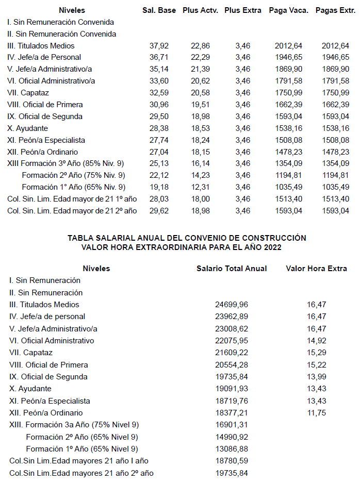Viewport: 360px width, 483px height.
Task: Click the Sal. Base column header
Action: click(x=159, y=10)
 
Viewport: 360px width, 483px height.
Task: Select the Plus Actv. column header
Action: click(x=200, y=10)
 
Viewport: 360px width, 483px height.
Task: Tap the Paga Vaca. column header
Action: click(x=289, y=10)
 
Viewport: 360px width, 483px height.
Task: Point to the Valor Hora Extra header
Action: click(x=317, y=269)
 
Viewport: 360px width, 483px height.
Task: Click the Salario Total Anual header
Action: click(x=232, y=269)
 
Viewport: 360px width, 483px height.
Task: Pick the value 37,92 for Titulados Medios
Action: click(x=159, y=46)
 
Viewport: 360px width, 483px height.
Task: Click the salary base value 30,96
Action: click(x=159, y=105)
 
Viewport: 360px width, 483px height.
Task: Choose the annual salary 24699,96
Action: click(x=232, y=305)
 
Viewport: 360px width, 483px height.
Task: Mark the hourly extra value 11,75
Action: click(x=316, y=413)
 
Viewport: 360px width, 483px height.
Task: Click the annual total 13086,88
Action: click(x=232, y=449)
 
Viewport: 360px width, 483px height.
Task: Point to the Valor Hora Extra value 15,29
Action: click(x=316, y=353)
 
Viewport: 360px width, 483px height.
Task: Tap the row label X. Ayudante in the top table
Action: click(x=28, y=128)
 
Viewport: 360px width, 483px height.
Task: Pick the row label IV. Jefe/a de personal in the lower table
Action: click(x=47, y=317)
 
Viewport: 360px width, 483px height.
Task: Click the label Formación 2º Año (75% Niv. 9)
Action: click(x=73, y=175)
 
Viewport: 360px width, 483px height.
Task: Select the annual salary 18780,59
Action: click(x=232, y=461)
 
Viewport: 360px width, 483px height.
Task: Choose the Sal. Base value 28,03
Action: click(x=159, y=199)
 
